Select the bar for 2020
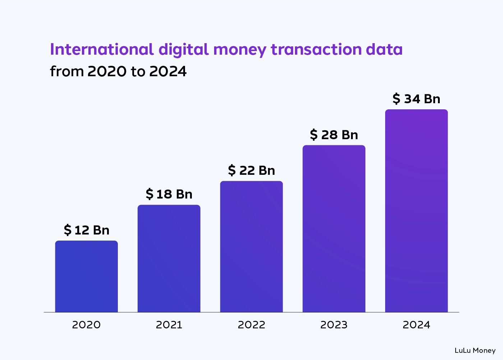click(86, 276)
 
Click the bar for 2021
click(169, 258)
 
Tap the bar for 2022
click(251, 246)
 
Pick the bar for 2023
click(334, 228)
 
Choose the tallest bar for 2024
click(416, 211)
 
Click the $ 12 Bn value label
click(86, 230)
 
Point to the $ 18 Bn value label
click(169, 194)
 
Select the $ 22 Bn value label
click(251, 170)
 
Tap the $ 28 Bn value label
click(334, 135)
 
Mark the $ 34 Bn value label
click(416, 99)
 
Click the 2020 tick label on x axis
click(86, 325)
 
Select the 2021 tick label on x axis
click(169, 325)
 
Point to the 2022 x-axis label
click(251, 325)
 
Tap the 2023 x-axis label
click(334, 325)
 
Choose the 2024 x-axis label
click(416, 325)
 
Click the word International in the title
click(102, 49)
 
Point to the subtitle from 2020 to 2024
click(118, 71)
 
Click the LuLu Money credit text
click(475, 350)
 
